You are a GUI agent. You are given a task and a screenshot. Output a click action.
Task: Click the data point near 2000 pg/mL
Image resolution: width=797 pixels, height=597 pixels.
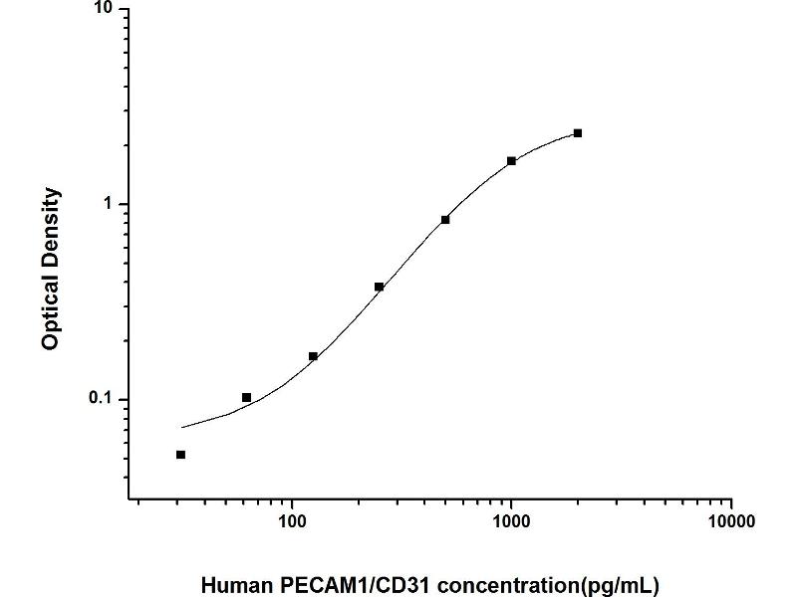pos(578,133)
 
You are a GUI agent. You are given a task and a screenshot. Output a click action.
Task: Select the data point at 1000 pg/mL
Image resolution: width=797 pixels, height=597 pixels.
pos(512,161)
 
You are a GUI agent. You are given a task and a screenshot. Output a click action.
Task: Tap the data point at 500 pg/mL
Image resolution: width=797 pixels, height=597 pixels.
pos(445,220)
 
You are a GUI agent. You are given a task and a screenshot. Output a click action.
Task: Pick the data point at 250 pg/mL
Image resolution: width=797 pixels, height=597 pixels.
pos(380,287)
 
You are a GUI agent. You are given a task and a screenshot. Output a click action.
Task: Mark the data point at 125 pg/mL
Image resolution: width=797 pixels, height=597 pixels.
pos(313,356)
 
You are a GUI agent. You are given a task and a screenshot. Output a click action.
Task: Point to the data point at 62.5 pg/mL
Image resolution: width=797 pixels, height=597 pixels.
pos(247,397)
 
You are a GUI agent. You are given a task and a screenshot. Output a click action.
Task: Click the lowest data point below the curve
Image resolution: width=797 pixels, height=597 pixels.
pos(180,455)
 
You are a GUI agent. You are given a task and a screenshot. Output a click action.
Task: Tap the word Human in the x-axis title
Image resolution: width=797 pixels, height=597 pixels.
pos(231,584)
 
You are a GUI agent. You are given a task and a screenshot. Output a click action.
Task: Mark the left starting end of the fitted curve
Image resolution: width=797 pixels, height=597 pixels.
pos(181,428)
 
